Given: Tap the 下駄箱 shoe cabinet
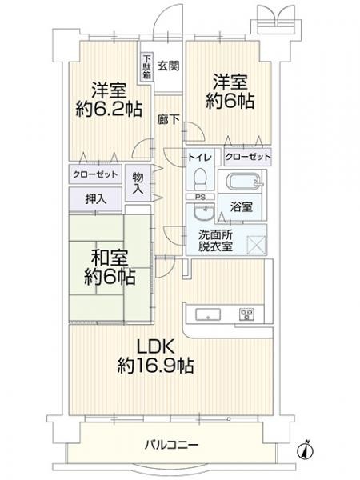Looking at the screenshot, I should coord(146,64).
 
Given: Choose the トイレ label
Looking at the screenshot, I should coord(200,157).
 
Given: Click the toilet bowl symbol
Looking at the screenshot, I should coord(200,178).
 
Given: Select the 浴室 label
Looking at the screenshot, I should coord(242,206).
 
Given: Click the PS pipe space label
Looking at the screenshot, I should coord(200,197).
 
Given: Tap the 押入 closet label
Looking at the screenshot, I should coord(94,198).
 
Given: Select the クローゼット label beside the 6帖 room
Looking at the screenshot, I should coord(246,157).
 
